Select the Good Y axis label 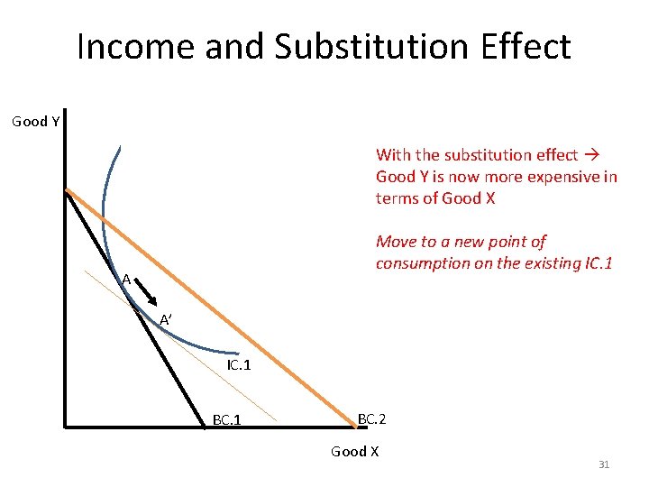[x=36, y=122]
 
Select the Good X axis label [x=354, y=452]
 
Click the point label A [x=127, y=280]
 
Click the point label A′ [x=167, y=320]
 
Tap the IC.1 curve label [x=239, y=366]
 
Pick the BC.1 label [x=226, y=419]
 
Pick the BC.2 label [x=372, y=418]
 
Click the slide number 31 [x=604, y=464]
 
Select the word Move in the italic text [x=396, y=242]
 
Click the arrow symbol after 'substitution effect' [x=591, y=155]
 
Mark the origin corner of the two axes [x=67, y=424]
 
